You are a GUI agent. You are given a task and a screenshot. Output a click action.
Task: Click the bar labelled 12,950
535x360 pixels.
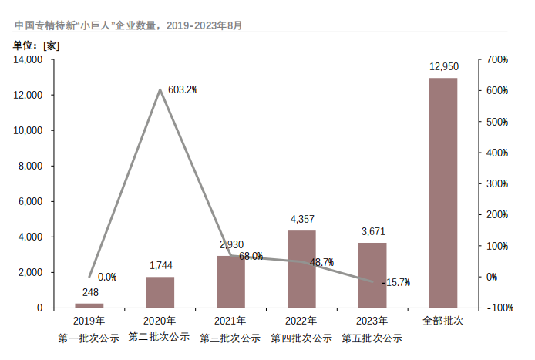(x=442, y=193)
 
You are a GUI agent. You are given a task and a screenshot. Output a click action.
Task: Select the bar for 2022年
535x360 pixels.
(x=301, y=269)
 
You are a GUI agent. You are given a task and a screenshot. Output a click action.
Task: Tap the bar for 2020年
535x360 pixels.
(x=160, y=292)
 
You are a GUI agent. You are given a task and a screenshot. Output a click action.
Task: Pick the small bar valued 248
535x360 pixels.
(x=89, y=305)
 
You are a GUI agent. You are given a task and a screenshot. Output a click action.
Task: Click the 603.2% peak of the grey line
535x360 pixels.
(x=160, y=89)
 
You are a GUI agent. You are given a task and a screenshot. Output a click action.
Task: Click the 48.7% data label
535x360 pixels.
(x=321, y=263)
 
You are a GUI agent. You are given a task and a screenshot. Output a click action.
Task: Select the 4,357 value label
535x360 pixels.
(x=301, y=220)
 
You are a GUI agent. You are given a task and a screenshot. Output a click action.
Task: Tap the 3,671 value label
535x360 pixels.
(x=372, y=231)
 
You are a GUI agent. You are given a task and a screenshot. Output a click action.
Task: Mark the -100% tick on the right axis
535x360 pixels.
(x=500, y=308)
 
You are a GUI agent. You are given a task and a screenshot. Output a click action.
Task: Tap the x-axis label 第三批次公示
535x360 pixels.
(x=230, y=338)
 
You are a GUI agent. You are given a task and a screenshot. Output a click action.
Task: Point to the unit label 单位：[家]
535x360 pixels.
(x=36, y=45)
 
